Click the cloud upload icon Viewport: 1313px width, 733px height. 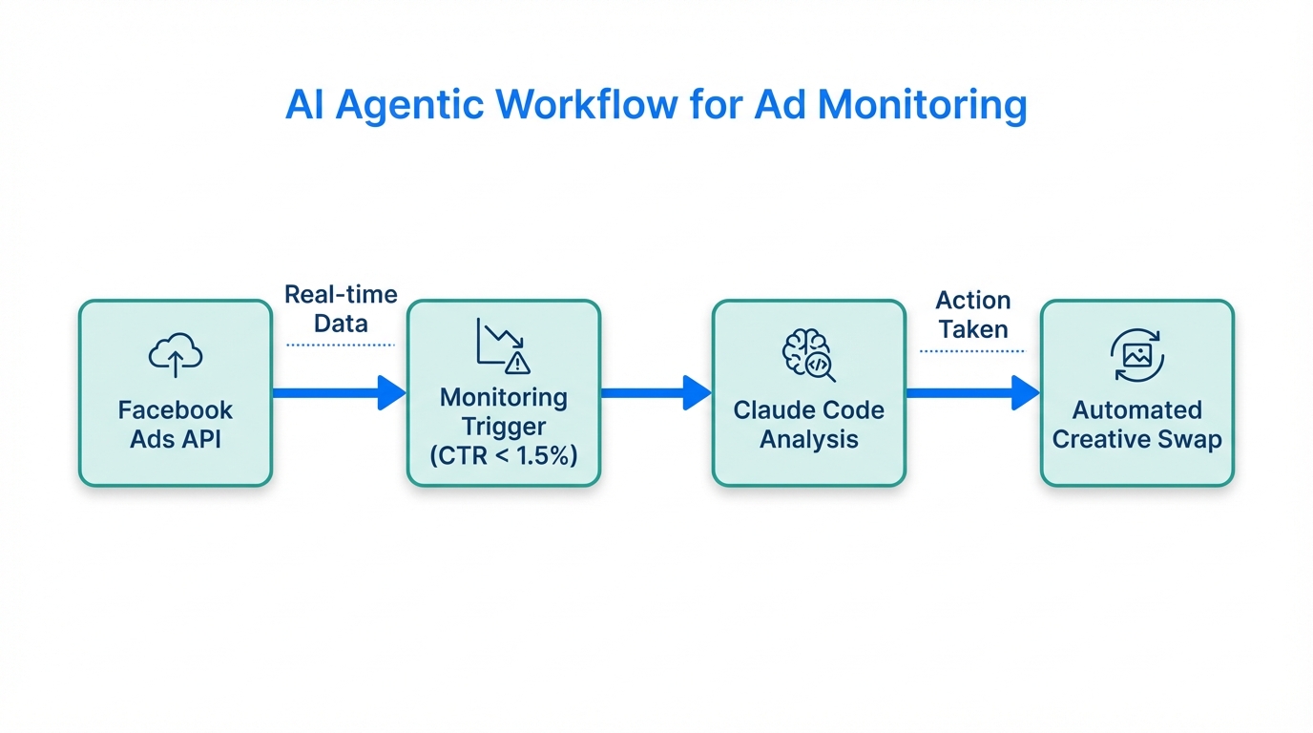point(176,355)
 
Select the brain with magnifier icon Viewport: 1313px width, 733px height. point(808,355)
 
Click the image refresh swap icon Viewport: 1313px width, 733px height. point(1136,355)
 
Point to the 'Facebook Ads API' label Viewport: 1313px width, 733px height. point(176,425)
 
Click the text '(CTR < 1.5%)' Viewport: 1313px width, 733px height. point(504,456)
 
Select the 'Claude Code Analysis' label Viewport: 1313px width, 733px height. point(808,425)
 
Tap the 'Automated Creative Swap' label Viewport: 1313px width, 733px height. point(1136,425)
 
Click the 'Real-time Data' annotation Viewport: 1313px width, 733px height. point(341,308)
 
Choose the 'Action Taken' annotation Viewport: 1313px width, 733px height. point(972,315)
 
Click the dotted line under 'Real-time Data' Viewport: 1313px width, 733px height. point(341,345)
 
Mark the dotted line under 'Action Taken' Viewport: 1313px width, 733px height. point(971,351)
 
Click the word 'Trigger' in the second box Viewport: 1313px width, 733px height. point(504,427)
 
